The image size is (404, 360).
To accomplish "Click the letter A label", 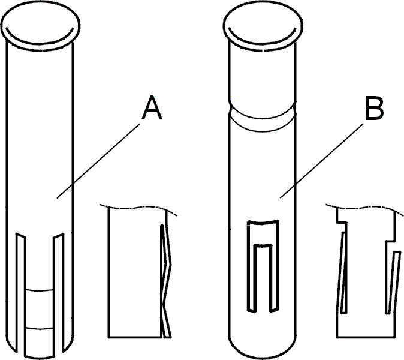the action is click(x=152, y=108).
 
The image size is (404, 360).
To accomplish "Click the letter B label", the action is click(x=374, y=109).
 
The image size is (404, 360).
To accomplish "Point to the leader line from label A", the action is click(x=98, y=161).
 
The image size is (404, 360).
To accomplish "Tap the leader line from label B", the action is click(x=321, y=161).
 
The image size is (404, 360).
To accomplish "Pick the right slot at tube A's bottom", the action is click(x=59, y=293).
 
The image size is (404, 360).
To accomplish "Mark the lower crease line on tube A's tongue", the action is click(x=40, y=328).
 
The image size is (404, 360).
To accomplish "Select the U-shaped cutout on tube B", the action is click(x=248, y=266).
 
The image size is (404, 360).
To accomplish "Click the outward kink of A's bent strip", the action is click(x=171, y=264).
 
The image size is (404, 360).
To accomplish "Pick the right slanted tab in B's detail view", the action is click(x=393, y=283).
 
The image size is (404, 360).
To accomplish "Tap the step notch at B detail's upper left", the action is click(x=342, y=222).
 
